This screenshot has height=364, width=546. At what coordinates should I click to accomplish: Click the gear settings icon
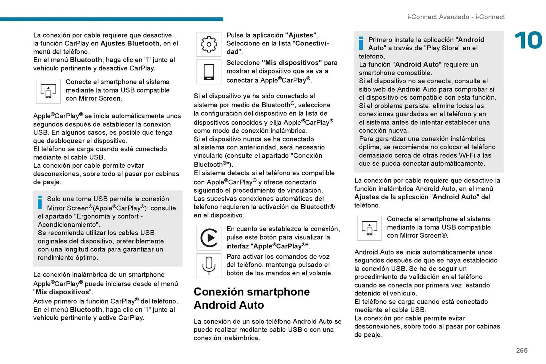tap(209, 44)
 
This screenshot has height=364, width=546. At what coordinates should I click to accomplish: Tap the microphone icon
tap(209, 265)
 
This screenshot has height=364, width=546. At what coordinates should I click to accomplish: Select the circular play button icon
tap(209, 238)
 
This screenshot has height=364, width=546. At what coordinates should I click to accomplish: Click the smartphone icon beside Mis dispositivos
tap(209, 72)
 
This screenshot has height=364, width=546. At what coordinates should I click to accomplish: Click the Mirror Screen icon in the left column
tap(48, 91)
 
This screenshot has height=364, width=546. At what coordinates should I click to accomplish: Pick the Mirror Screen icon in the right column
tap(369, 228)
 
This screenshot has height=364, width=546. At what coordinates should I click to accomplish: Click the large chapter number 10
tap(528, 40)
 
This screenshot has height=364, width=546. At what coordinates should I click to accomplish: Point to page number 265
tap(522, 350)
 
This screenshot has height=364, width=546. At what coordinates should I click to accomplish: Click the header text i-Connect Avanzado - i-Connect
tap(456, 17)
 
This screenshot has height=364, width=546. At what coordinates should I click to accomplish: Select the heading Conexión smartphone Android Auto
tap(251, 298)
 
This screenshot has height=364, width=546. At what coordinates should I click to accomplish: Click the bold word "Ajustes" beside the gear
tap(301, 35)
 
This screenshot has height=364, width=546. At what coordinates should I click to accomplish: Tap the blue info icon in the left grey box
tap(40, 202)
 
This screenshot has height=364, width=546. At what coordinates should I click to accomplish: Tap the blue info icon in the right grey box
tap(361, 43)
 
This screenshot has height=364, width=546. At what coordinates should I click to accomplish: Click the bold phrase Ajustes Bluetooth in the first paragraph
tap(130, 43)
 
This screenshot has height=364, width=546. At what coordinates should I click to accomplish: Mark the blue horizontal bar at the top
tap(111, 19)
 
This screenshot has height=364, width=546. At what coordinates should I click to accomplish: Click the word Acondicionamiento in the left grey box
tap(69, 224)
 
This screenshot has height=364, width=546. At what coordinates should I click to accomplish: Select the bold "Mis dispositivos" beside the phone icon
tap(291, 63)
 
